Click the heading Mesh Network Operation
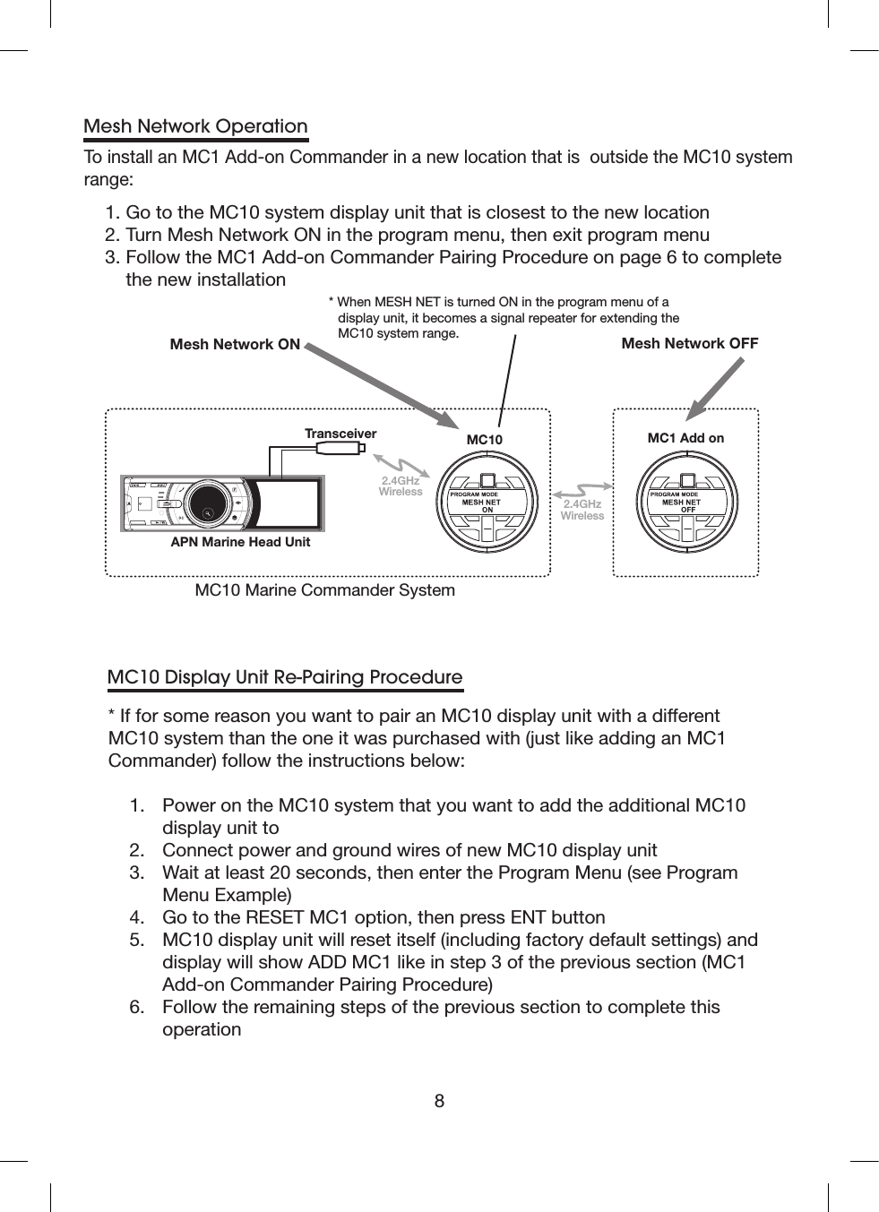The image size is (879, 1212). [x=195, y=126]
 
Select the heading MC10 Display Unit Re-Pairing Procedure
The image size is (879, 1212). [x=285, y=677]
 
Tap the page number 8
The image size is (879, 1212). [x=439, y=1101]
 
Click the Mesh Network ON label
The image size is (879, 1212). [x=235, y=344]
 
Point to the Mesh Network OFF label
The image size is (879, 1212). [x=689, y=343]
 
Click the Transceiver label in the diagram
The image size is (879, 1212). [x=340, y=434]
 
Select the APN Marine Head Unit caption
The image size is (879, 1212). [x=240, y=542]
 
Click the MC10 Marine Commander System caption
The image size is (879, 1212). [x=324, y=590]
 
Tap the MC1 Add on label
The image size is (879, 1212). [x=685, y=438]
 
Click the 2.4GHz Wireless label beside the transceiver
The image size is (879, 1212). [x=400, y=486]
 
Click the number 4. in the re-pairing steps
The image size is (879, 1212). [x=137, y=917]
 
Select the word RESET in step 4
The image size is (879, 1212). [x=274, y=917]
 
